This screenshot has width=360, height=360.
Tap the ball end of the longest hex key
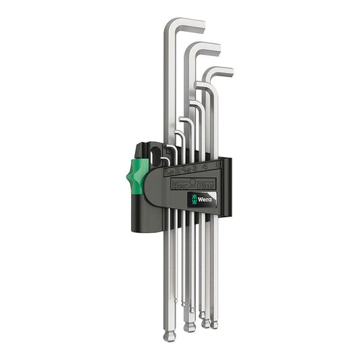point(170,336)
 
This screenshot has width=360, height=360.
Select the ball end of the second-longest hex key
point(190,327)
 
